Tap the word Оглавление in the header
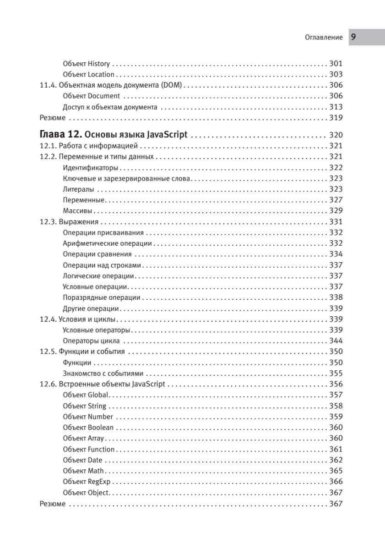tap(324, 38)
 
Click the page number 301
tap(336, 64)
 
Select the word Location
tap(101, 74)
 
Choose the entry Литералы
tap(79, 189)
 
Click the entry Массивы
tap(78, 211)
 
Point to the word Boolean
tap(101, 427)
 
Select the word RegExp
tap(99, 482)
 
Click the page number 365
tap(336, 471)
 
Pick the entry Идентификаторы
tap(90, 168)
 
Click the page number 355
tap(336, 373)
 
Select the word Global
tap(98, 395)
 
